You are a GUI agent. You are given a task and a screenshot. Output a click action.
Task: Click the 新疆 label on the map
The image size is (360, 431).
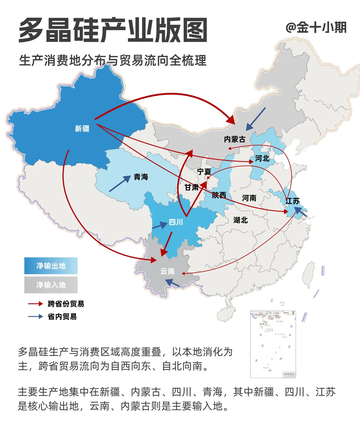point(82,129)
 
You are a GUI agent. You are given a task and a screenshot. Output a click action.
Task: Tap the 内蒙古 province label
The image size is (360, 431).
point(235,139)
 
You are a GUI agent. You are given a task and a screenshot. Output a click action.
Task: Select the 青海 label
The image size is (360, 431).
point(141,177)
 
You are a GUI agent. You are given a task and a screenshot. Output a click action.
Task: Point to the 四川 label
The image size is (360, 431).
point(176,222)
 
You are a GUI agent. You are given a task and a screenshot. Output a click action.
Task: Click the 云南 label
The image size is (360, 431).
point(167,271)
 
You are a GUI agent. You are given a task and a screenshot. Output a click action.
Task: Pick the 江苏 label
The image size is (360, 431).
point(292,201)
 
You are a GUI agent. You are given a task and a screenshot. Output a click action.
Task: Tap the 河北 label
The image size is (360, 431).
point(262,158)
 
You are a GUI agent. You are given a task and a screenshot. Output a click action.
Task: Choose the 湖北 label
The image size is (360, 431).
point(240,220)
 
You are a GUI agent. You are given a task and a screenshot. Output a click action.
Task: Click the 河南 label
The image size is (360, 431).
point(249,198)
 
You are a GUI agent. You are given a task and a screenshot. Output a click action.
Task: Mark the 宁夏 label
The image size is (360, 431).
point(204,172)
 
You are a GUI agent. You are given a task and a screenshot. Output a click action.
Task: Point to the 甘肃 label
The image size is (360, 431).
point(192,187)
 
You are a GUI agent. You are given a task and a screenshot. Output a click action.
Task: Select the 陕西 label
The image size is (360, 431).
point(219,195)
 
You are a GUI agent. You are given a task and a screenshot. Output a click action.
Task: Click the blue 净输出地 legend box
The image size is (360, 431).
point(51,266)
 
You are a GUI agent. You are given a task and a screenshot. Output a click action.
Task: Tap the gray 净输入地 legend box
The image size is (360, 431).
point(51,285)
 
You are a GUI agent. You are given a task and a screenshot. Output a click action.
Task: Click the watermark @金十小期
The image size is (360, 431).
point(316,27)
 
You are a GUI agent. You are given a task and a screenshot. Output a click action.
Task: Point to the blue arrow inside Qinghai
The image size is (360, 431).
point(120,184)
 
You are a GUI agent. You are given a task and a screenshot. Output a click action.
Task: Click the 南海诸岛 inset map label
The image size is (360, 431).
point(289,374)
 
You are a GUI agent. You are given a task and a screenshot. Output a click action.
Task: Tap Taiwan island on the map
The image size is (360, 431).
point(309,274)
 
